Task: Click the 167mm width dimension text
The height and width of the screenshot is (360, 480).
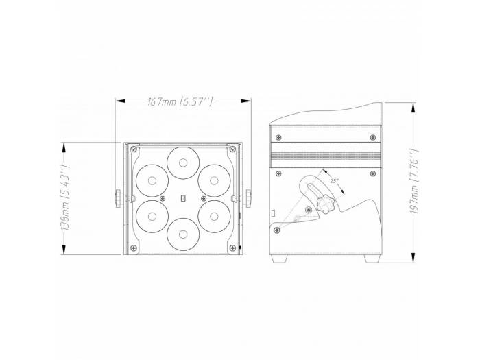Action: point(180,102)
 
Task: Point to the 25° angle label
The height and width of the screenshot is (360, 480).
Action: point(334,181)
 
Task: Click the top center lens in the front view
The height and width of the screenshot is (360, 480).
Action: point(182,163)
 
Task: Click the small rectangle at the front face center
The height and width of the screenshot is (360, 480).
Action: point(182,199)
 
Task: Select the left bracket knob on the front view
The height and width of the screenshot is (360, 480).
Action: point(119,197)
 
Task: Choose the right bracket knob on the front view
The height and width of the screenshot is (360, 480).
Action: point(245,199)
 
